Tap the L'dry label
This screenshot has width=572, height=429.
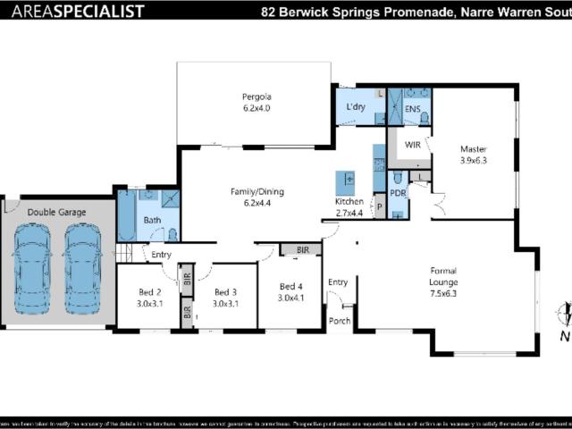pyautogui.click(x=356, y=108)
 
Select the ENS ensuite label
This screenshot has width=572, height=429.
pyautogui.click(x=412, y=109)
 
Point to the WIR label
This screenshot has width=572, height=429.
pyautogui.click(x=413, y=144)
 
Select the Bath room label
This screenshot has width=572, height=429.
pyautogui.click(x=152, y=220)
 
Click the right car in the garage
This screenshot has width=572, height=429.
pyautogui.click(x=83, y=268)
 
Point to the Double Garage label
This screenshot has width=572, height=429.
pyautogui.click(x=56, y=213)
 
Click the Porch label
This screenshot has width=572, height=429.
pyautogui.click(x=339, y=322)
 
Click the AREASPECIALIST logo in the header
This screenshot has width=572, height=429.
pyautogui.click(x=72, y=11)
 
